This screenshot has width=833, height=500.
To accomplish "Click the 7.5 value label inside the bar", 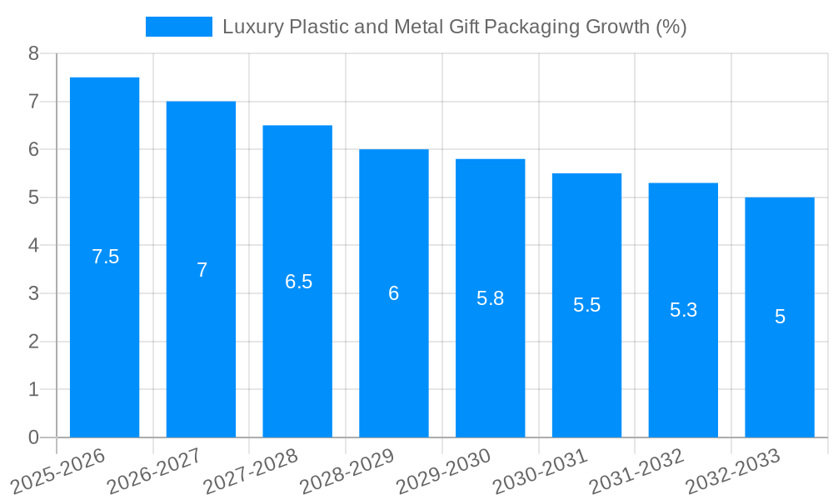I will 106,257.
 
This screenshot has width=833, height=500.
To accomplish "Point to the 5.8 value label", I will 490,298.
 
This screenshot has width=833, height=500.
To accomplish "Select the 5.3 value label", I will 683,310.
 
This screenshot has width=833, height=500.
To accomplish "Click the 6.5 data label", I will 298,282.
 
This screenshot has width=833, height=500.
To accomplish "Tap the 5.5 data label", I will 586,305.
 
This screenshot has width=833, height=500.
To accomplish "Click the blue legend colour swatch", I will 178,27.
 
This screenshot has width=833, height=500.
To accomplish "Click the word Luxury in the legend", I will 252,27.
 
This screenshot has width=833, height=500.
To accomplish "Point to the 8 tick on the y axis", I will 33,53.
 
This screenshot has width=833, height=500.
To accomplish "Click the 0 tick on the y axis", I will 33,437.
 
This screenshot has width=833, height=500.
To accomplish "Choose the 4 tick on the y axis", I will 33,246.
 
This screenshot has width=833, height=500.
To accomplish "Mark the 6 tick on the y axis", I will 33,149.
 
